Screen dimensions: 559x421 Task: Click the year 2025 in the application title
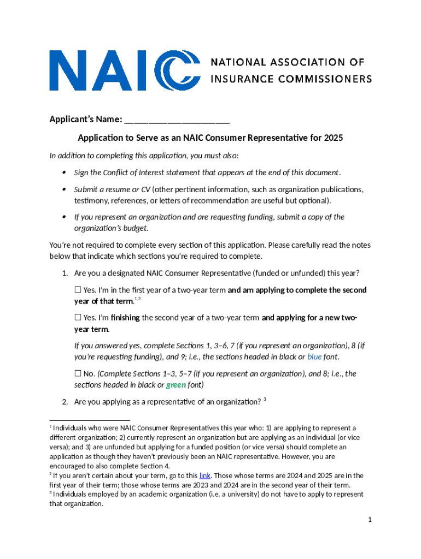click(x=333, y=138)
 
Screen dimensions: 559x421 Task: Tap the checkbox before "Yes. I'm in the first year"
click(x=78, y=290)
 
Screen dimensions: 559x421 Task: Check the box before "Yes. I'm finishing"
click(x=78, y=317)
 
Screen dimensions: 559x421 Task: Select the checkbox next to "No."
click(x=78, y=373)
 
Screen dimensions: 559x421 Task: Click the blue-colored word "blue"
click(x=314, y=357)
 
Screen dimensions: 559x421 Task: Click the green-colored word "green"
click(x=176, y=385)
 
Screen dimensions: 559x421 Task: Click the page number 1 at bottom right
click(x=370, y=520)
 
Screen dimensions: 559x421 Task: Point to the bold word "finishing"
click(x=125, y=318)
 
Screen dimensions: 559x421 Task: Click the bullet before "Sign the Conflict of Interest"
click(x=64, y=173)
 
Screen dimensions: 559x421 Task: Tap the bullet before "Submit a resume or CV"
click(x=64, y=189)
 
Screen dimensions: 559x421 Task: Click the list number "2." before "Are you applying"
click(x=65, y=402)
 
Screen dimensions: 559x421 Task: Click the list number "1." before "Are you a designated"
click(x=65, y=273)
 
